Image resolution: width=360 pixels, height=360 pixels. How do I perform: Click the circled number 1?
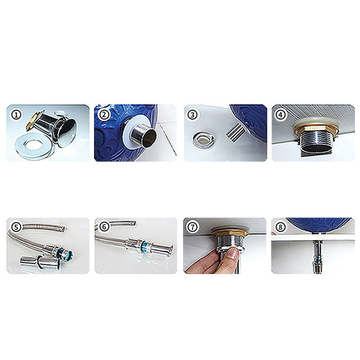[17, 115]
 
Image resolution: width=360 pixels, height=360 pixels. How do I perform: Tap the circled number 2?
[104, 114]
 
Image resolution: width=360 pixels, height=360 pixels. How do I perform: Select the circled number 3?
[193, 115]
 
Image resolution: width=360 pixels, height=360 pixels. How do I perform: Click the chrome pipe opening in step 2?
[149, 137]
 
